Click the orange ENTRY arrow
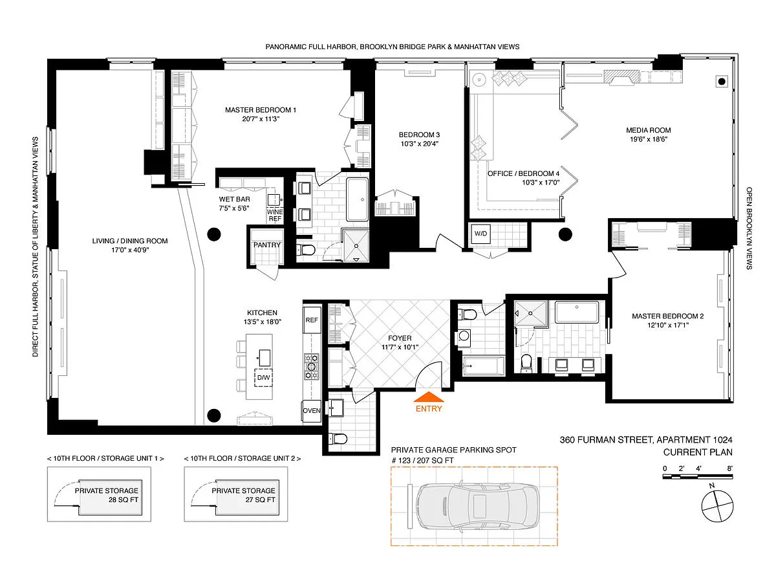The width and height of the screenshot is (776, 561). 429,397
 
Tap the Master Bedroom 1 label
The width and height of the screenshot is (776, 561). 261,110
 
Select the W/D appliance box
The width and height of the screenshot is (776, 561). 480,234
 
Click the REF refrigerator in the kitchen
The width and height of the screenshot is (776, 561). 312,320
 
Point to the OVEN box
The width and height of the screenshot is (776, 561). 312,410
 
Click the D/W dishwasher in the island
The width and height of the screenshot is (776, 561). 263,377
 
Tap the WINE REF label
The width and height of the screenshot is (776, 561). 275,215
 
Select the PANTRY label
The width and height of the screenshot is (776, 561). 266,245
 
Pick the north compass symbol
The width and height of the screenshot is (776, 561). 717,504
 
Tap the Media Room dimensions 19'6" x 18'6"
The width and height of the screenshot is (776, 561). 649,139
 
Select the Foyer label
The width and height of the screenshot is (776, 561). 400,338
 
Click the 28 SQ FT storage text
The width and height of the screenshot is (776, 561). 124,500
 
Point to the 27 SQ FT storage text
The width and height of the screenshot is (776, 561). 260,500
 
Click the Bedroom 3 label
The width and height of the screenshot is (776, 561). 419,135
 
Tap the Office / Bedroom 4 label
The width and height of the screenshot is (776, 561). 523,173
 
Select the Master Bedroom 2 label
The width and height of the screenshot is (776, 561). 667,316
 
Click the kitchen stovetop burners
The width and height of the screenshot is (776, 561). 312,366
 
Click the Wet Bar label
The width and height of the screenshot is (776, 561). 234,199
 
